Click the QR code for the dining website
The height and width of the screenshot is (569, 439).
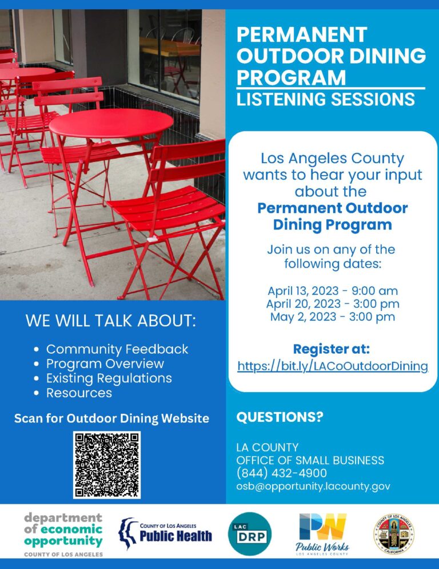(x=107, y=464)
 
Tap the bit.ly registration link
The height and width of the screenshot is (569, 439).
(x=333, y=366)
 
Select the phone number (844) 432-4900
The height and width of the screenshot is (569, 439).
(x=282, y=473)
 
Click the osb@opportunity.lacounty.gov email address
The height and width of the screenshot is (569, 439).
(x=313, y=486)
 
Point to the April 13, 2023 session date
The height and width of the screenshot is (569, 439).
(x=332, y=291)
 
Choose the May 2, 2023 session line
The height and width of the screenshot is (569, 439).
(x=332, y=317)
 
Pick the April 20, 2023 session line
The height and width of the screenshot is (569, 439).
(x=332, y=304)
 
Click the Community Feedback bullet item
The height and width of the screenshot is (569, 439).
(x=117, y=349)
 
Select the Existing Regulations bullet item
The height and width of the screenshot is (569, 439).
(x=109, y=378)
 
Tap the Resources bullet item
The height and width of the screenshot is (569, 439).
(x=79, y=393)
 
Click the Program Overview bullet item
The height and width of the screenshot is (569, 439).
(x=105, y=364)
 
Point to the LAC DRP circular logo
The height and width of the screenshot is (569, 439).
(x=250, y=534)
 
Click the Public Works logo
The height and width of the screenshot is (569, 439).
(x=323, y=533)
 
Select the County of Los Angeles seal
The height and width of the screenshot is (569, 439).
(x=394, y=534)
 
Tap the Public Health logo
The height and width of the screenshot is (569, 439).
(x=165, y=534)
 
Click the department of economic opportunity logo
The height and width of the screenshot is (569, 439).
(x=63, y=533)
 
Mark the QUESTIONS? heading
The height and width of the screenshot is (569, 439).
(x=280, y=417)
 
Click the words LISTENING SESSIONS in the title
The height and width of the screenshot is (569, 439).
(x=325, y=99)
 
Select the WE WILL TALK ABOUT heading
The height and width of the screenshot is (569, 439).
(x=111, y=321)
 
